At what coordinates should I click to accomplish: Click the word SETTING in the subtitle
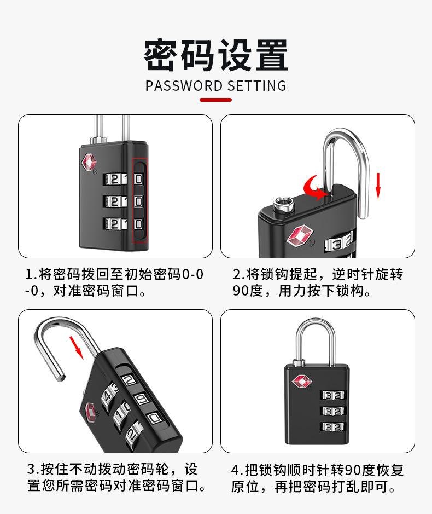[x=256, y=85]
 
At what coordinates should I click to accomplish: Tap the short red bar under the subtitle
[x=215, y=100]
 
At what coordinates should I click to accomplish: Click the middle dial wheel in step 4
[x=333, y=411]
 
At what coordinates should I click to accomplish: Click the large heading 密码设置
[x=215, y=56]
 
